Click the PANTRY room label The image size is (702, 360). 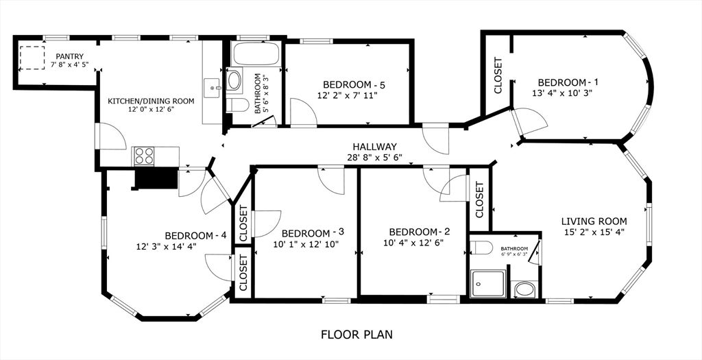pyautogui.click(x=69, y=56)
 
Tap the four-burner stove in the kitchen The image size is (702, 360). pyautogui.click(x=144, y=156)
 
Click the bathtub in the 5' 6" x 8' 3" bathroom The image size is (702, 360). pyautogui.click(x=255, y=53)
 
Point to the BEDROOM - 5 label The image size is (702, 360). pyautogui.click(x=354, y=85)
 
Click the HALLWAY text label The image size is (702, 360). pyautogui.click(x=374, y=147)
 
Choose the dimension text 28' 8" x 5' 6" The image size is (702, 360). pyautogui.click(x=374, y=158)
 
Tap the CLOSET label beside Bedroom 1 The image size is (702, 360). pyautogui.click(x=498, y=75)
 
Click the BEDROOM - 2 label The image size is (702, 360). pyautogui.click(x=419, y=231)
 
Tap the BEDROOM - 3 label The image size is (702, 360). pyautogui.click(x=312, y=232)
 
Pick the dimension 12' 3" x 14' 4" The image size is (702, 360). pyautogui.click(x=167, y=246)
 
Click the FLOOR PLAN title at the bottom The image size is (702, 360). pyautogui.click(x=356, y=335)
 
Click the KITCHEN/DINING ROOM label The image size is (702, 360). pyautogui.click(x=151, y=101)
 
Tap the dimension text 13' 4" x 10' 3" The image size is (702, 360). pyautogui.click(x=561, y=92)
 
